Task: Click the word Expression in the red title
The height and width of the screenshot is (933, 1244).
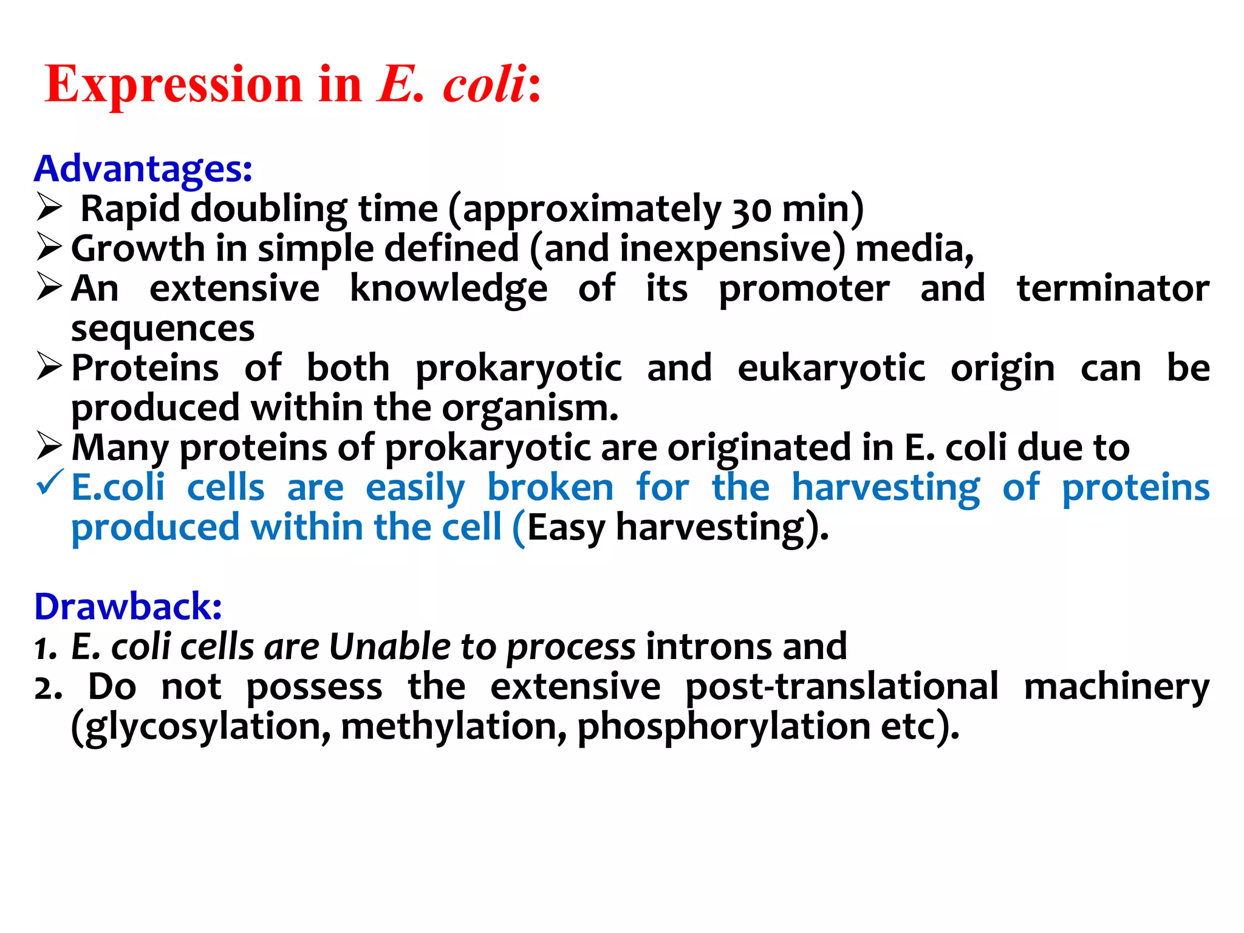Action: [x=173, y=85]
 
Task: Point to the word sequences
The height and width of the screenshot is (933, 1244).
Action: [x=163, y=329]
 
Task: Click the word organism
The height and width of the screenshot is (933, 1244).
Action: [x=529, y=408]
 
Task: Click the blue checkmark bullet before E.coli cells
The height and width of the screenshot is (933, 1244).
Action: [x=50, y=483]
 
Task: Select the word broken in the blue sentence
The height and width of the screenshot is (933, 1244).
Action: [x=550, y=488]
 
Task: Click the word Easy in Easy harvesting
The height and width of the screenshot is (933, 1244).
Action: [x=566, y=527]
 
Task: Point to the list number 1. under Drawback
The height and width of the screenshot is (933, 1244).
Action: [x=46, y=648]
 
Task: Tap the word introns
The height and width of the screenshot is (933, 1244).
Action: [x=708, y=646]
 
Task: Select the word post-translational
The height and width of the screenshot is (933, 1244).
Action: [x=841, y=686]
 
